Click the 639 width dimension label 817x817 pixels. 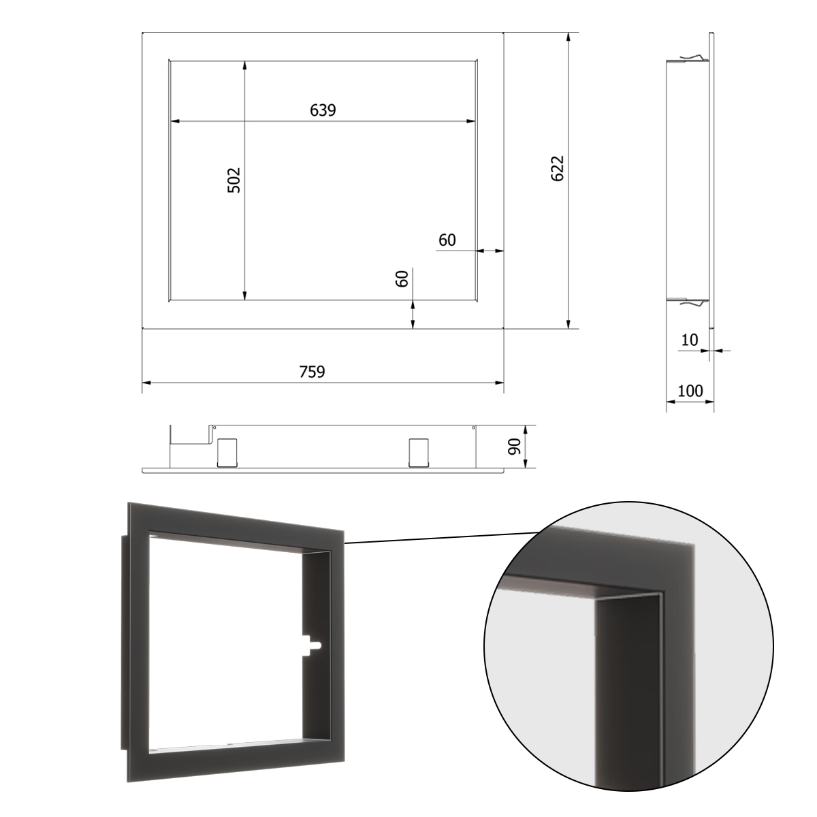pos(323,110)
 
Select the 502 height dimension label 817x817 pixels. pos(234,180)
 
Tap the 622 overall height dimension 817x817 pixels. pos(558,169)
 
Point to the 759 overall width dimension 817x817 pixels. pos(312,372)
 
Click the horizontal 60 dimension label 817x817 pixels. pos(447,240)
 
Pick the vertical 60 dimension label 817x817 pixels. pos(402,278)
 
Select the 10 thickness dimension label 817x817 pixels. pos(690,340)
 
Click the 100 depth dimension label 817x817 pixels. pos(690,391)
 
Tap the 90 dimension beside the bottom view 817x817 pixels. pos(514,447)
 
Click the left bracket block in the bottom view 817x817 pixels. pos(227,453)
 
